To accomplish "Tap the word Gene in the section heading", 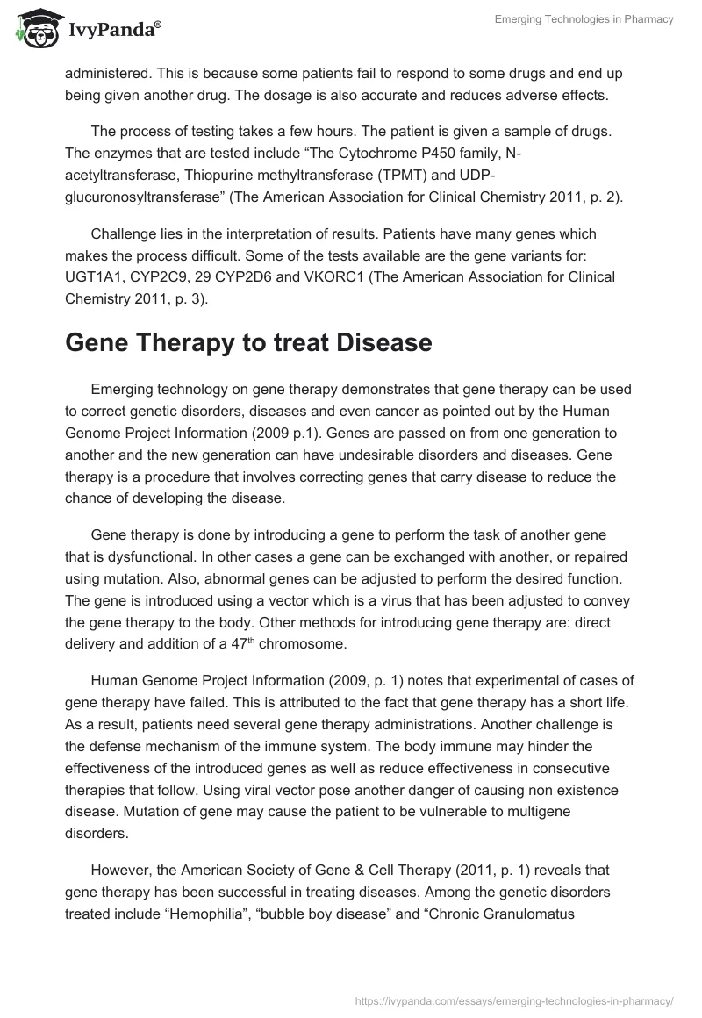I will (x=97, y=342).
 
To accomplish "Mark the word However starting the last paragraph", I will (x=123, y=871).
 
